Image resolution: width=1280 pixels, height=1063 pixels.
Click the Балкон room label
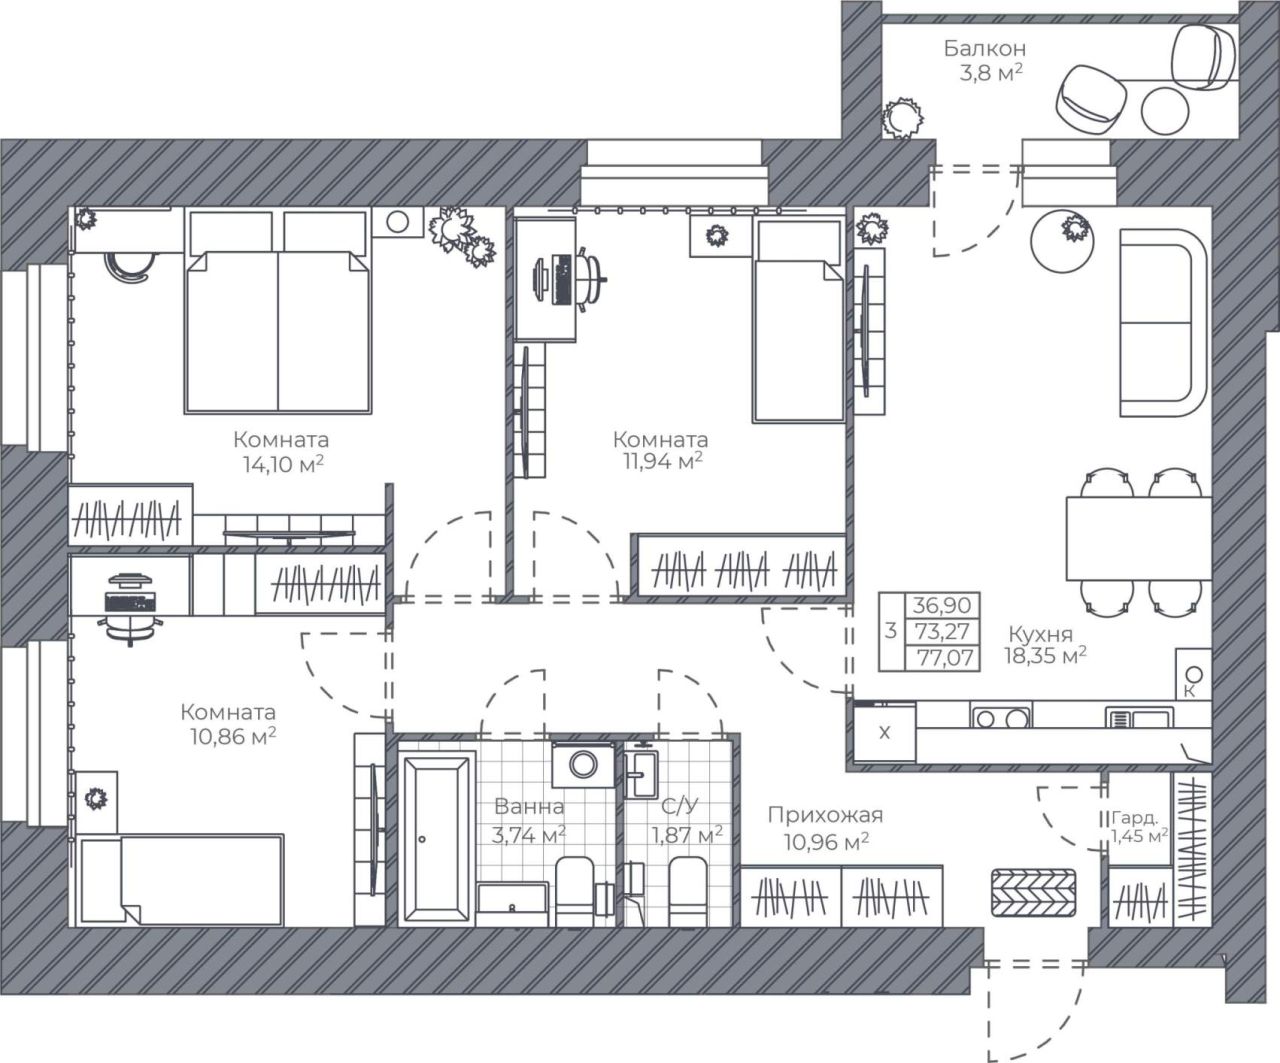click(985, 48)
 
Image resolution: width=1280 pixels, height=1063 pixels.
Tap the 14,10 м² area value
click(283, 464)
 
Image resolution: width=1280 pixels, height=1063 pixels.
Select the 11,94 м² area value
click(663, 461)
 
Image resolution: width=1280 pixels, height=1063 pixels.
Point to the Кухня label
click(1040, 633)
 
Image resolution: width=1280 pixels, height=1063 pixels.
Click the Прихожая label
click(825, 815)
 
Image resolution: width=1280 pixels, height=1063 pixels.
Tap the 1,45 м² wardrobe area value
click(1139, 835)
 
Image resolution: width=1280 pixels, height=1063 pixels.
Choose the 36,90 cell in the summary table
click(942, 605)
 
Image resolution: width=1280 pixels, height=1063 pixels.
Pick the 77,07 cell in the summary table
click(942, 658)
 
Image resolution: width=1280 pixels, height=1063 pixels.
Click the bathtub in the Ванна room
click(436, 838)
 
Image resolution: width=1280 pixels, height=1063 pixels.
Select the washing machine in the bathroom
click(583, 764)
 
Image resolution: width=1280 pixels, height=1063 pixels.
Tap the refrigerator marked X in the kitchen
click(885, 732)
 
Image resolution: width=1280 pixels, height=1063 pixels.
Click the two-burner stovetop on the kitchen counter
click(1001, 717)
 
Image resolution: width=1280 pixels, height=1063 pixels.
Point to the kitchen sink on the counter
click(1140, 717)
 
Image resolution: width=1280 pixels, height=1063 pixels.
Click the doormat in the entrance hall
click(1034, 893)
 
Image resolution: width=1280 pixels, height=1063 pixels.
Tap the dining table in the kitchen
click(1138, 538)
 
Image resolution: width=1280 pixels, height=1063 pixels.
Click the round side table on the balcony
click(1165, 110)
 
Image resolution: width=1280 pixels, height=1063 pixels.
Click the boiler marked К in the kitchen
click(1193, 674)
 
